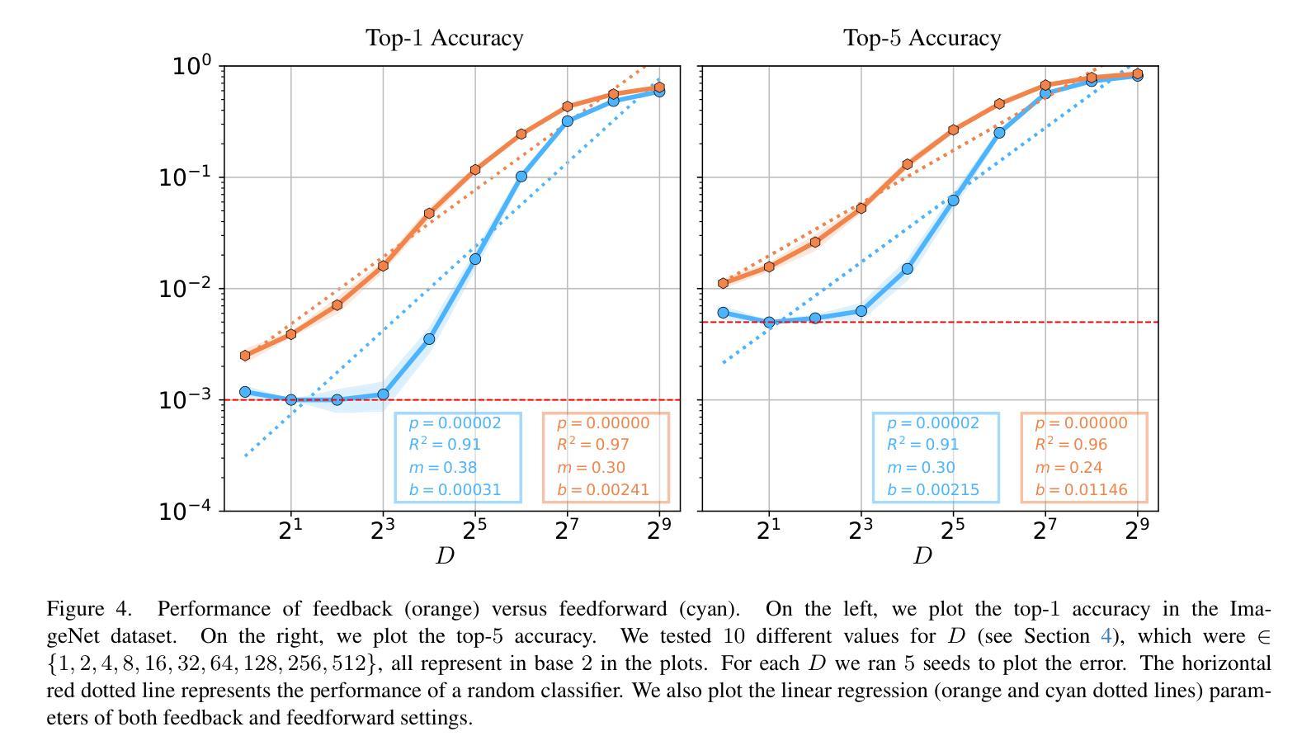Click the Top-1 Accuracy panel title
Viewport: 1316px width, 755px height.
click(444, 38)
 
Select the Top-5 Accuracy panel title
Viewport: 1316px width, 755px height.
click(922, 38)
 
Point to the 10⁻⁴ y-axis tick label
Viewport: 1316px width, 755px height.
click(186, 511)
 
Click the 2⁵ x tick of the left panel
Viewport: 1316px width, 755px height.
click(474, 531)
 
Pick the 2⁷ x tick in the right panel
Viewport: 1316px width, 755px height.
click(1045, 531)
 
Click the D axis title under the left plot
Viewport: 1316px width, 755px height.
click(445, 556)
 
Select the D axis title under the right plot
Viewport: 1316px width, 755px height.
click(922, 556)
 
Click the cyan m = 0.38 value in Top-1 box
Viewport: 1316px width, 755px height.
click(443, 468)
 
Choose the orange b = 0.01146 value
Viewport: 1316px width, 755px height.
click(1081, 490)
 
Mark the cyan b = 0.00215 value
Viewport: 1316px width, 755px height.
click(933, 490)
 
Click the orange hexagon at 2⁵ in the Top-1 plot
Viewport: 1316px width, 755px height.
click(475, 170)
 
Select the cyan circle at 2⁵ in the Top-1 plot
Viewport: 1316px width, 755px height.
click(475, 259)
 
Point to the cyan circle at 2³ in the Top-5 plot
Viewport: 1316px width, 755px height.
click(861, 311)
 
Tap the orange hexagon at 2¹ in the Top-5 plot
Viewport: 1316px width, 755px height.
click(769, 267)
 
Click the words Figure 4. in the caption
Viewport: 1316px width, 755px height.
click(89, 609)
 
